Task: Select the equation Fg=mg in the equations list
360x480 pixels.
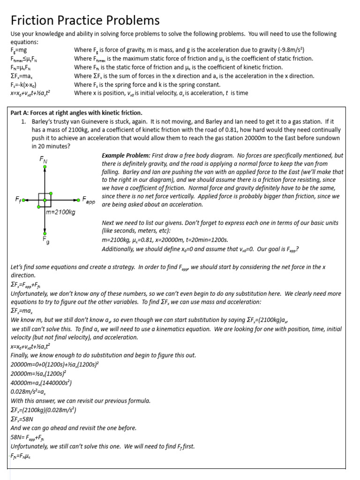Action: click(19, 50)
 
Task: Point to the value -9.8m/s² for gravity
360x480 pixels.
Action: click(291, 50)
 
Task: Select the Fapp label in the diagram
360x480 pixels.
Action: click(89, 200)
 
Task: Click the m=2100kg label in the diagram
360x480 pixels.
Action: click(60, 212)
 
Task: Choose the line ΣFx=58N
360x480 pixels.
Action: click(23, 419)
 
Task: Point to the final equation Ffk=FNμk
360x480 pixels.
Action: click(23, 455)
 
